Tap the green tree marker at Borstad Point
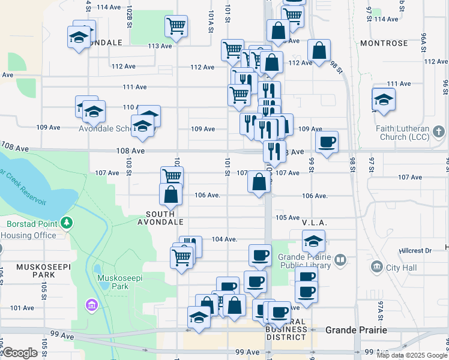coord(67,224)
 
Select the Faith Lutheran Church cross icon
coord(439,131)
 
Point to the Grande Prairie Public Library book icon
coord(341,260)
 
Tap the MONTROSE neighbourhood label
coord(384,43)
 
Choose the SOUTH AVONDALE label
coord(164,218)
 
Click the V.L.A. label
coord(315,222)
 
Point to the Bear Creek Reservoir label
coord(24,183)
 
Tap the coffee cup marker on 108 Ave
coord(327,142)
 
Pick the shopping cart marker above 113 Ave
coord(176,25)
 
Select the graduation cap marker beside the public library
coord(313,241)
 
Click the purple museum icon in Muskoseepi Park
coord(91,305)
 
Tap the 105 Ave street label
coord(288,217)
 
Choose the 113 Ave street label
coord(160,46)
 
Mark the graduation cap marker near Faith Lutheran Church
coord(384,100)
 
